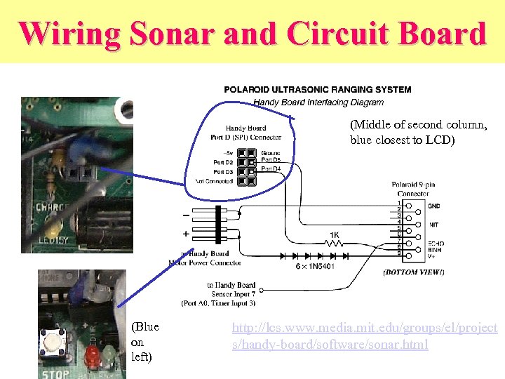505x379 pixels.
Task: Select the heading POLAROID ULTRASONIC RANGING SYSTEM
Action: (x=318, y=90)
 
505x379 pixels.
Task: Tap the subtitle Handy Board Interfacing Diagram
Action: (x=318, y=102)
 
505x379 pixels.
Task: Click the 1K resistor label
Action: (x=336, y=234)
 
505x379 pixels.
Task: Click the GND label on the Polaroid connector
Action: (x=435, y=207)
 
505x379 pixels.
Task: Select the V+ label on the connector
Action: (x=433, y=255)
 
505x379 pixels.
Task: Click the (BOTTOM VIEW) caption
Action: (x=413, y=272)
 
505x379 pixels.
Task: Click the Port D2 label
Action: (x=223, y=163)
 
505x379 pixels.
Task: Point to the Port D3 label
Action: (x=223, y=172)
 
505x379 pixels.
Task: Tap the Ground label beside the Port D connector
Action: (x=270, y=153)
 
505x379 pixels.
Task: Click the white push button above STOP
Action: (x=52, y=341)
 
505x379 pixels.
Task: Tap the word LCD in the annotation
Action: (x=443, y=140)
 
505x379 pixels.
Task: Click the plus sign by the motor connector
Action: (x=186, y=233)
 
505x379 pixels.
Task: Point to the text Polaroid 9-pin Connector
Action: (x=413, y=189)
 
